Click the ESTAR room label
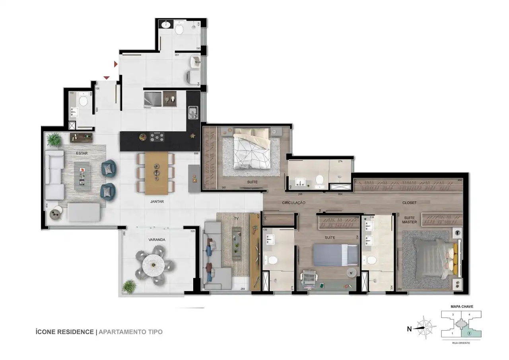(82, 153)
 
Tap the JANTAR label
(157, 202)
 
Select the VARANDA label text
(157, 240)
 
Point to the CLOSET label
(409, 203)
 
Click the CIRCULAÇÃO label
(293, 203)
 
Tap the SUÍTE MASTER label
(409, 220)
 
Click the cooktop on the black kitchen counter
(157, 137)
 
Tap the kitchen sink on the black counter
(193, 112)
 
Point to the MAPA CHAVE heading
(461, 307)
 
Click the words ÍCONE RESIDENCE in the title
(64, 332)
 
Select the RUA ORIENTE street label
(461, 342)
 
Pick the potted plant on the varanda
(129, 286)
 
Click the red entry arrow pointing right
(116, 64)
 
